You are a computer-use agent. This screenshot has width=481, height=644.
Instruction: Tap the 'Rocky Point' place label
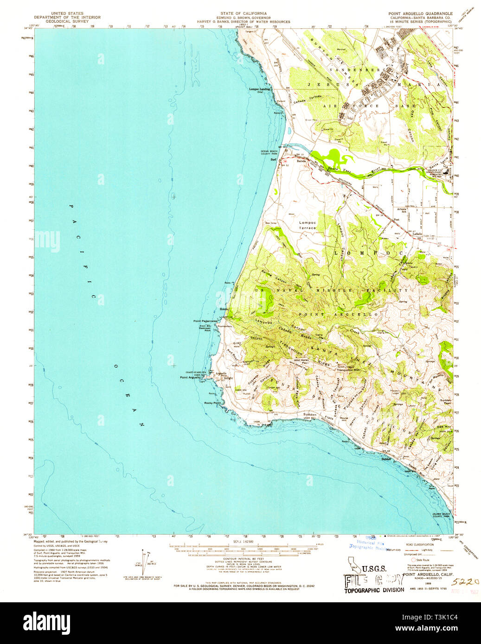coord(212,403)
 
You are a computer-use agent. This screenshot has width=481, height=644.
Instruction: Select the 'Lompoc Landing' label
coord(259,89)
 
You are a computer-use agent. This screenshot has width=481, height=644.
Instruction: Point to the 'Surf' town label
coord(273,160)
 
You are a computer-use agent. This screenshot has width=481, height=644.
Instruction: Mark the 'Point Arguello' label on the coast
coord(190,377)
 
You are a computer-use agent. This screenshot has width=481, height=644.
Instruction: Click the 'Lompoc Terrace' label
coord(307,225)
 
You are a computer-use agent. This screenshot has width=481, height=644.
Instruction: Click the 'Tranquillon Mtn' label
coord(348,370)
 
